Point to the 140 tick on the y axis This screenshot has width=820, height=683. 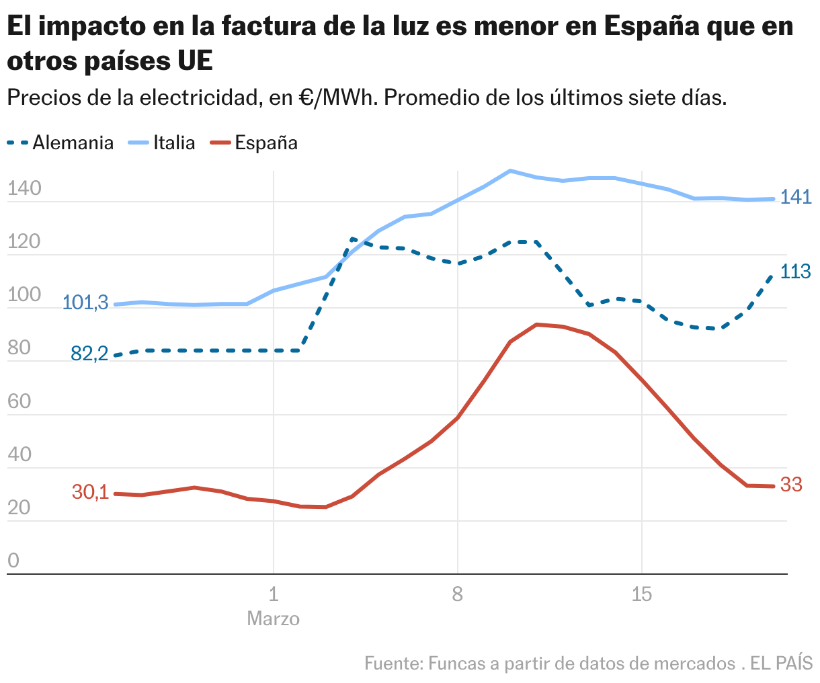click(x=24, y=189)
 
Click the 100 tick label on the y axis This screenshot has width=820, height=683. click(x=24, y=295)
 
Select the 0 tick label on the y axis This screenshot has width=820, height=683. click(x=13, y=561)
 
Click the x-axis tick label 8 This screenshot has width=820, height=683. click(x=458, y=594)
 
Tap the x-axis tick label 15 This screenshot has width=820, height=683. click(x=642, y=594)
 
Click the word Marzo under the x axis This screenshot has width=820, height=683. click(x=273, y=618)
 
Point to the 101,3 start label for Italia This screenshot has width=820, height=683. click(x=85, y=303)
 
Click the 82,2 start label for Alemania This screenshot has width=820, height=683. click(x=89, y=354)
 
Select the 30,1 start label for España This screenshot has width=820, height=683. click(x=90, y=492)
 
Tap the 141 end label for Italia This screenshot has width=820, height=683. click(x=796, y=198)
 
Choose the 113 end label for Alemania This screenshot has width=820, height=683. click(x=796, y=272)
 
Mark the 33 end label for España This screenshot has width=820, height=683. click(x=791, y=485)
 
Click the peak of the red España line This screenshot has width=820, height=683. click(x=536, y=325)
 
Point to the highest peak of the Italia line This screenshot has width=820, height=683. click(x=510, y=171)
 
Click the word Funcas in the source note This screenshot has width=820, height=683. click(x=454, y=664)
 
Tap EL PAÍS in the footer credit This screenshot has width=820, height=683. click(x=781, y=664)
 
